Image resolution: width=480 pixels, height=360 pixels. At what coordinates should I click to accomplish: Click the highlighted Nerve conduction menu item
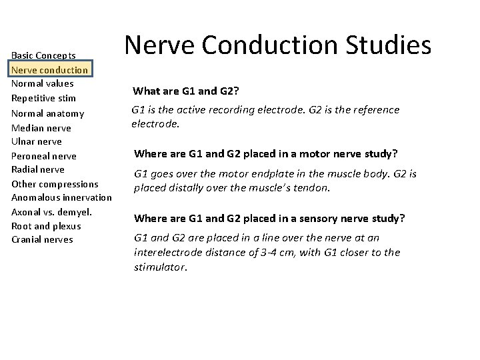pos(50,70)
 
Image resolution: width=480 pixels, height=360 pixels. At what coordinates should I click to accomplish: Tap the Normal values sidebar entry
pos(43,84)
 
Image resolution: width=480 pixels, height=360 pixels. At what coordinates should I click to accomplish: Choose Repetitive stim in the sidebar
pos(43,99)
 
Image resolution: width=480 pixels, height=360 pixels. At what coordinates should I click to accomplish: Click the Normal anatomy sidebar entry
pos(47,113)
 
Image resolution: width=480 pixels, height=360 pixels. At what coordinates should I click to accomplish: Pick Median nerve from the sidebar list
pos(41,128)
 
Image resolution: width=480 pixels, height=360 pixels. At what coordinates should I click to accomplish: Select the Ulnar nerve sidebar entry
pos(37,141)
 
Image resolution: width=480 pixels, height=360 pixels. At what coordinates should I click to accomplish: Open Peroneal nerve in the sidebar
pos(44,156)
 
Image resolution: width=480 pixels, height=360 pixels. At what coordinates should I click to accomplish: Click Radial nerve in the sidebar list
pos(39,169)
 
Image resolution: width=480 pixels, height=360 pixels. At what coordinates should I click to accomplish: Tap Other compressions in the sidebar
pos(55,184)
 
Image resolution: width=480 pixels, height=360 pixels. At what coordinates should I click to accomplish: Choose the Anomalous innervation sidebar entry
pos(61,197)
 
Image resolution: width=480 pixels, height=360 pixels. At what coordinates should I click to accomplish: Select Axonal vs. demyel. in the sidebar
pos(51,212)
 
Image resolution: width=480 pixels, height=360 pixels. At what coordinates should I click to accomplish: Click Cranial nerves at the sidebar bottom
pos(41,240)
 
